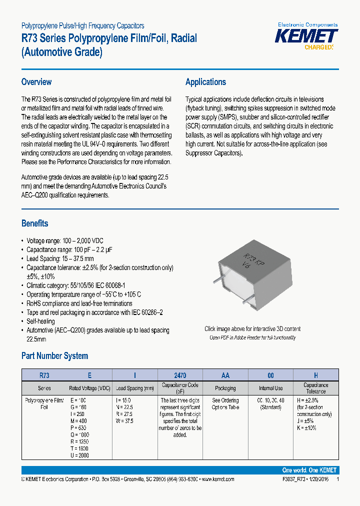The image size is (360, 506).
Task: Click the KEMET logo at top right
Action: [x=307, y=36]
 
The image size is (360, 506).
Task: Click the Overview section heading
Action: [x=36, y=82]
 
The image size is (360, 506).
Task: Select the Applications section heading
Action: [x=205, y=82]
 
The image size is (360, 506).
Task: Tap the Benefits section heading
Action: [x=35, y=223]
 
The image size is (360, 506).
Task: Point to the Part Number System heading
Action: [x=54, y=356]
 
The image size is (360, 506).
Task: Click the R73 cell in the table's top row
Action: [x=44, y=375]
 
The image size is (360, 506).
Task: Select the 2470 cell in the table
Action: [x=180, y=375]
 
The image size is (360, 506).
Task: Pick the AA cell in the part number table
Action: [x=225, y=375]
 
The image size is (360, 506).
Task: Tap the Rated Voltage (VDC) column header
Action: [x=89, y=388]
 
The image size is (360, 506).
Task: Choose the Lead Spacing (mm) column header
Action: [x=135, y=388]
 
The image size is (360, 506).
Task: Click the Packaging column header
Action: [x=225, y=388]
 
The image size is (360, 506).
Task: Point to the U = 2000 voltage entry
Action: [x=79, y=456]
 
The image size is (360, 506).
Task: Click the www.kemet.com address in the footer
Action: [x=217, y=479]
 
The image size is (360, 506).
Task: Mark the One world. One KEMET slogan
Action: [x=309, y=470]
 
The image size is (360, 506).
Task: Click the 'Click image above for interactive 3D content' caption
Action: [x=252, y=329]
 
